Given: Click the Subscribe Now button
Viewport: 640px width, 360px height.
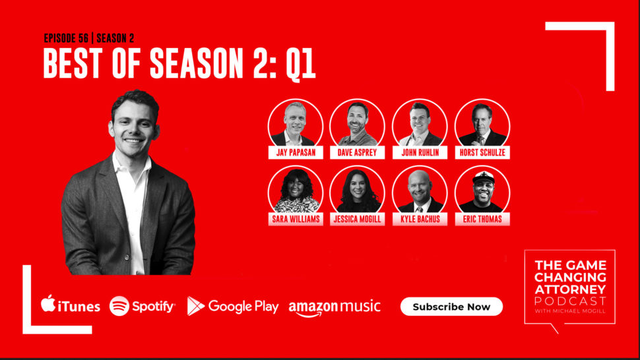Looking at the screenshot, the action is pos(451,307).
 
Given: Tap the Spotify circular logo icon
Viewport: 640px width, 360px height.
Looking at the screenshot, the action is pos(119,306).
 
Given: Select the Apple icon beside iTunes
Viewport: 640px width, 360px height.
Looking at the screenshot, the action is pos(48,303).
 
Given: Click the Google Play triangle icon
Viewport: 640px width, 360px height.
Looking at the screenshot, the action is pos(195,306).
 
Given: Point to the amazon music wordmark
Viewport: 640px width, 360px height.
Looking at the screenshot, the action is pos(335,308).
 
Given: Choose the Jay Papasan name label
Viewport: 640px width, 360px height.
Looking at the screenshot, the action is pos(296,152).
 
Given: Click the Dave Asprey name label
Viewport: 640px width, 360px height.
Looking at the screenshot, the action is pos(357,152).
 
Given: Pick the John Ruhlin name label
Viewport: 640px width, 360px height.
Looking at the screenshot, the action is pos(420,152).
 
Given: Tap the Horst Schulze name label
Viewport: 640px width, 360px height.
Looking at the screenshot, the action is pos(482,152).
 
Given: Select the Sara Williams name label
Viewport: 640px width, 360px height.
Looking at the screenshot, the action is pos(296,219).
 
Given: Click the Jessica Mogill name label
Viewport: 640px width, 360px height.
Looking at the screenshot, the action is pos(357,219).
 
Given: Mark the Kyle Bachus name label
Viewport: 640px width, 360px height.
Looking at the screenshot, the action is pos(420,219).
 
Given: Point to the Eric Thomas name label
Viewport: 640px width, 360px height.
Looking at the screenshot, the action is pos(482,219).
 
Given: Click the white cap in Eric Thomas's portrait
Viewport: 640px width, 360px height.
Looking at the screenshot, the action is pos(484,177).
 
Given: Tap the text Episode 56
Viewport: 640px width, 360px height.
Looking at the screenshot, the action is pos(66,38).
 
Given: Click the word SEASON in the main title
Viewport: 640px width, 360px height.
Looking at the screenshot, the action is pos(197,63).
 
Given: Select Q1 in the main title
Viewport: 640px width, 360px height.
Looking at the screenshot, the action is pos(301,65).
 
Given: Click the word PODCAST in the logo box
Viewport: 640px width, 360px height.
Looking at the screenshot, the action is pos(570,301).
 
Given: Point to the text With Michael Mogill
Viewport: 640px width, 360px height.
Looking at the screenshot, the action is pos(570,311).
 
